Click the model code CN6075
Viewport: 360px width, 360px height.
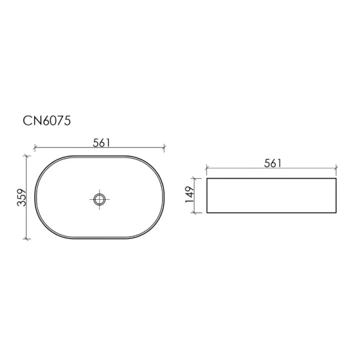pyautogui.click(x=47, y=121)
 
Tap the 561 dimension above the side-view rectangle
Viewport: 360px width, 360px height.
pyautogui.click(x=272, y=163)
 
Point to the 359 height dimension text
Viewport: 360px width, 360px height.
pyautogui.click(x=20, y=197)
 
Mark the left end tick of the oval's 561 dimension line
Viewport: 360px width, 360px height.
pyautogui.click(x=35, y=147)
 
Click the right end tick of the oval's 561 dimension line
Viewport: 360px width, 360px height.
pyautogui.click(x=164, y=147)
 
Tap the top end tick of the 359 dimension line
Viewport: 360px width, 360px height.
pyautogui.click(x=26, y=155)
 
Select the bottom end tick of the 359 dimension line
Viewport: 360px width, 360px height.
pyautogui.click(x=26, y=239)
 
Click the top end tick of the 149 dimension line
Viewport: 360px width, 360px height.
pyautogui.click(x=194, y=178)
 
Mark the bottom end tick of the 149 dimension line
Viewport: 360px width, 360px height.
pyautogui.click(x=194, y=212)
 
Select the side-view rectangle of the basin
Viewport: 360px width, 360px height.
pyautogui.click(x=271, y=196)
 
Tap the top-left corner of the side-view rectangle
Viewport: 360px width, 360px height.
pyautogui.click(x=207, y=178)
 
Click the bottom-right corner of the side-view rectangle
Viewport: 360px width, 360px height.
pyautogui.click(x=336, y=212)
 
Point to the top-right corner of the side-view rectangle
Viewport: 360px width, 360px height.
pyautogui.click(x=336, y=178)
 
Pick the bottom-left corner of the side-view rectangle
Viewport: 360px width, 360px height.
pyautogui.click(x=207, y=212)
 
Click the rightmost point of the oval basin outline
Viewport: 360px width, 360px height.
pyautogui.click(x=164, y=197)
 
